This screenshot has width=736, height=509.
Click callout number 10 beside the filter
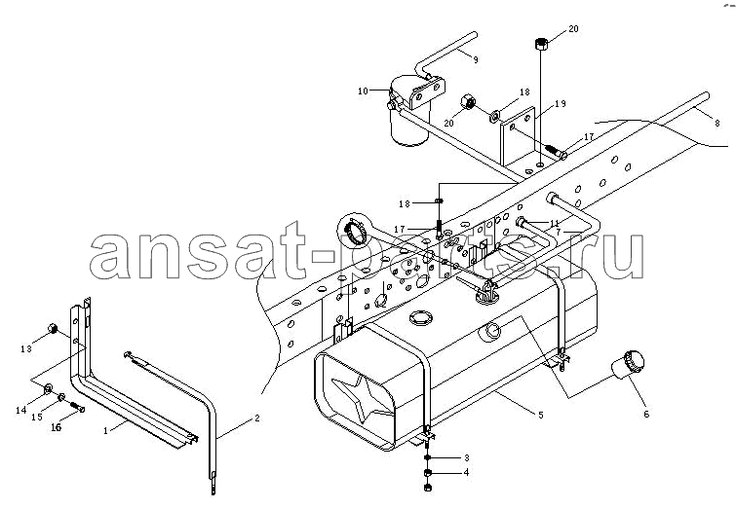(363, 91)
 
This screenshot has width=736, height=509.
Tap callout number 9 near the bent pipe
(476, 60)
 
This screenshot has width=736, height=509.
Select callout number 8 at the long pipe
(717, 124)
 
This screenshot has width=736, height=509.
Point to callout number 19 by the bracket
(561, 103)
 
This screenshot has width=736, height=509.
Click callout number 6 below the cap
(646, 415)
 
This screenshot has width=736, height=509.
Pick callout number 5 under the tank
(541, 415)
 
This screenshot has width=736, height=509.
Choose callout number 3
(467, 458)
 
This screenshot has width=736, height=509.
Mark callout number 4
(466, 472)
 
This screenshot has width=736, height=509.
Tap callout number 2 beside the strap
(257, 418)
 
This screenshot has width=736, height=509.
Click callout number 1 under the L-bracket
(105, 430)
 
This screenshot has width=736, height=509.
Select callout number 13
(26, 348)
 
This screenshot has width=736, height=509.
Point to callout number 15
(37, 417)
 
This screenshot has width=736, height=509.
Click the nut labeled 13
(53, 329)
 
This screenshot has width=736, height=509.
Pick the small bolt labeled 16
(78, 407)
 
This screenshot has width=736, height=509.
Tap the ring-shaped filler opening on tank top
(420, 319)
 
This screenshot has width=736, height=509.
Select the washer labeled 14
(48, 388)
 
